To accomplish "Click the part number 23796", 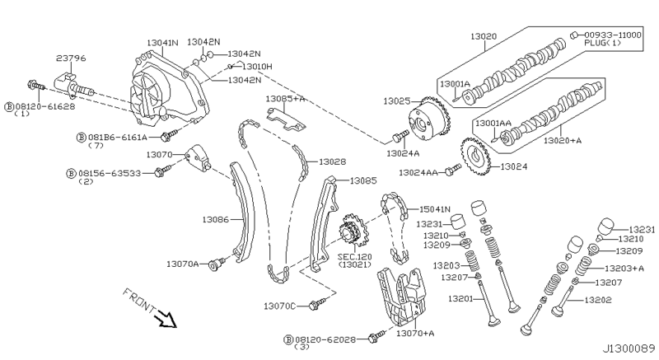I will (x=71, y=58).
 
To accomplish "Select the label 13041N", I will (x=163, y=42).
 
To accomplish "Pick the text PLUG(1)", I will (x=600, y=44).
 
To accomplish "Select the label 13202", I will (x=601, y=300).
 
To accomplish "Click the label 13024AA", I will (x=419, y=173).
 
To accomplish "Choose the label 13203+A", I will (x=624, y=268).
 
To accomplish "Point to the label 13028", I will (x=332, y=161).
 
